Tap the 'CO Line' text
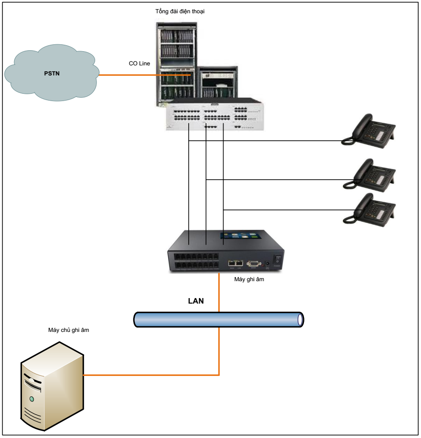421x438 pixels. click(x=139, y=64)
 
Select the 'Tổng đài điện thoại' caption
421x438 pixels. click(x=179, y=12)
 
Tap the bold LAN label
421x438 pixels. click(x=196, y=301)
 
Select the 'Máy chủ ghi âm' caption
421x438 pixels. click(x=68, y=330)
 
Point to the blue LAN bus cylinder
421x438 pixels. click(x=219, y=319)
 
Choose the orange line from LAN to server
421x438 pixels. click(x=151, y=375)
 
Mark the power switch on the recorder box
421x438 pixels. click(x=276, y=259)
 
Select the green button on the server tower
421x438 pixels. click(x=32, y=399)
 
